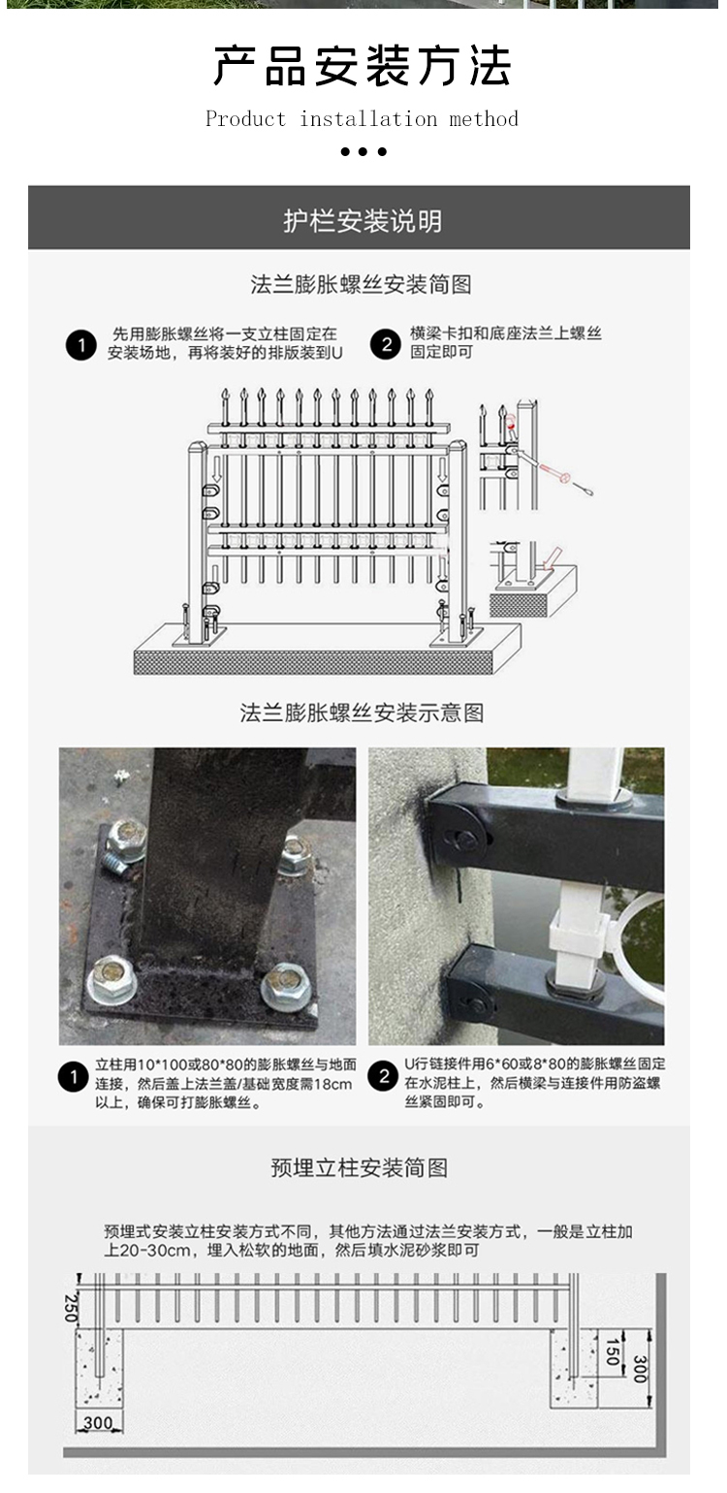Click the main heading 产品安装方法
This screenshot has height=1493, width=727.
(x=362, y=67)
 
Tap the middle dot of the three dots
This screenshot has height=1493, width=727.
(x=363, y=151)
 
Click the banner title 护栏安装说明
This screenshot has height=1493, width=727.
(x=362, y=221)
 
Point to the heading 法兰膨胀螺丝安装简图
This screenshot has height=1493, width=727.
(x=361, y=285)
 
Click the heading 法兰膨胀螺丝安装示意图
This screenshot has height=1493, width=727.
(x=362, y=714)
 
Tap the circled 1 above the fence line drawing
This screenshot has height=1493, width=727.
(x=80, y=345)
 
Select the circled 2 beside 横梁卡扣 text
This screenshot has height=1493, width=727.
(x=386, y=345)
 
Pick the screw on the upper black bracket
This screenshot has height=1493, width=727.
(x=466, y=840)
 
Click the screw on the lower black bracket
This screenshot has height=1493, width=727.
(x=475, y=1005)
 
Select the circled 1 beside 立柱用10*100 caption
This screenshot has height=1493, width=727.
(x=74, y=1077)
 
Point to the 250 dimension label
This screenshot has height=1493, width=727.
(x=71, y=1306)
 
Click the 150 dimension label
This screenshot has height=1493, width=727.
(x=611, y=1351)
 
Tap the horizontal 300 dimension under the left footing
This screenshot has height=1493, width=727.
(x=97, y=1423)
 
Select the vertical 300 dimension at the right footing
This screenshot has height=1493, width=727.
(x=639, y=1368)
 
